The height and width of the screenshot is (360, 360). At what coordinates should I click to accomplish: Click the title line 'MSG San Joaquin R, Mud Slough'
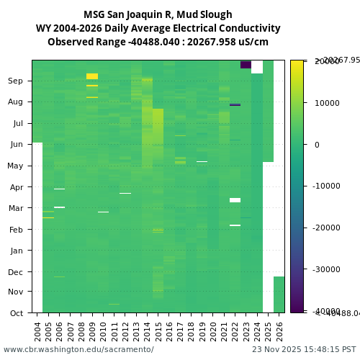158,14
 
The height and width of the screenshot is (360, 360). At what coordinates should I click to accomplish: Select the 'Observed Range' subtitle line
158,42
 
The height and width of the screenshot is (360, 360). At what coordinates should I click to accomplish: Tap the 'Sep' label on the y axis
16,81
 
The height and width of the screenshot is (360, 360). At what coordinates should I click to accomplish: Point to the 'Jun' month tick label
17,145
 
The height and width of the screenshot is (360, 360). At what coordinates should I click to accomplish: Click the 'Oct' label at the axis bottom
17,313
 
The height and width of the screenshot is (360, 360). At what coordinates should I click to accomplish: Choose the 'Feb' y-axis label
16,230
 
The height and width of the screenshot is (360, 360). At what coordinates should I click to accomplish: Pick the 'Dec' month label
16,272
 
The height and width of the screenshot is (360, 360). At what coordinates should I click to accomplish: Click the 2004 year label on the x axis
37,331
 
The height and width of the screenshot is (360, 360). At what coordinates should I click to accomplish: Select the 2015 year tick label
158,331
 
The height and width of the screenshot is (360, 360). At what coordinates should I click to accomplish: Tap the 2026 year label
279,331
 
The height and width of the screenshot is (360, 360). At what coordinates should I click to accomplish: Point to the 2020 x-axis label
213,331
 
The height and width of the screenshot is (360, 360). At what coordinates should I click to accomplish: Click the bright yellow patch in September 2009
92,76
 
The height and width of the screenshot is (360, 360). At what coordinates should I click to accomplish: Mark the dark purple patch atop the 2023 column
246,64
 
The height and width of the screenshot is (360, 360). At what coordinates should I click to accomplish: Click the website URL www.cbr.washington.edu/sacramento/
78,349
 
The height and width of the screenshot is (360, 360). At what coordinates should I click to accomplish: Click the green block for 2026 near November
279,294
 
